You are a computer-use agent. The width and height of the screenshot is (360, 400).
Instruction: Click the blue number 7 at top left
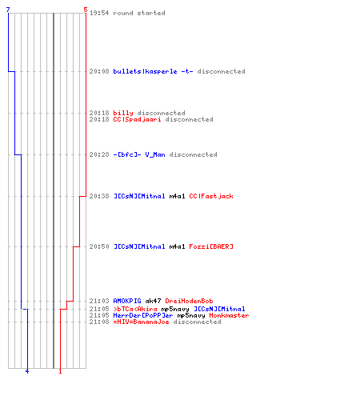click(x=8, y=10)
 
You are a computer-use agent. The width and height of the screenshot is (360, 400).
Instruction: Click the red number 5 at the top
click(x=86, y=10)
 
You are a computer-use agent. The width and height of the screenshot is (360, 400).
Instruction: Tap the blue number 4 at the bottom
click(x=27, y=371)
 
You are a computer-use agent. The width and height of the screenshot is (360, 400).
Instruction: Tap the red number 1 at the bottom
click(x=60, y=371)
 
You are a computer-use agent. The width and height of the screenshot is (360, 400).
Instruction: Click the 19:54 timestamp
click(x=99, y=13)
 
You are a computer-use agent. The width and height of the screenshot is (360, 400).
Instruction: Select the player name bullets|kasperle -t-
click(x=153, y=71)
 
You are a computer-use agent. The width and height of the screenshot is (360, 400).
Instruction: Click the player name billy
click(x=123, y=113)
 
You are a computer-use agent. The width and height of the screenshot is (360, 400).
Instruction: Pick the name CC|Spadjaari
click(x=137, y=119)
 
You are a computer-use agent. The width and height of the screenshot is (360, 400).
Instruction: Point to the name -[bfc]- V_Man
click(x=139, y=154)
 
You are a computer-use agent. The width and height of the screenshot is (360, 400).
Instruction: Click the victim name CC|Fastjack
click(x=211, y=196)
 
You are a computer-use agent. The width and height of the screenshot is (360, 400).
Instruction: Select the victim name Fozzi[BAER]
click(x=211, y=246)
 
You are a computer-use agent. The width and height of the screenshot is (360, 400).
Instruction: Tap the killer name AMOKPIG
click(x=127, y=301)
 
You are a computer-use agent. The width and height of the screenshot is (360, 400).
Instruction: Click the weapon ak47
click(x=153, y=301)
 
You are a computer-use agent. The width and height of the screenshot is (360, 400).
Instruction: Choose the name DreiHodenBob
click(x=189, y=301)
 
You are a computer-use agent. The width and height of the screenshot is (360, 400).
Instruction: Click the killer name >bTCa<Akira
click(x=135, y=309)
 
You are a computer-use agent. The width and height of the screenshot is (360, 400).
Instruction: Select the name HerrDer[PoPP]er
click(x=143, y=315)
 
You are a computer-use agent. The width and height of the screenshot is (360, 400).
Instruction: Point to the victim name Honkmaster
click(x=229, y=315)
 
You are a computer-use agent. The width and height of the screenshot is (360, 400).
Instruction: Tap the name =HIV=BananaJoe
click(x=141, y=322)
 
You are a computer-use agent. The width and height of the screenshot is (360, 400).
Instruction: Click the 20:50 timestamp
click(x=99, y=246)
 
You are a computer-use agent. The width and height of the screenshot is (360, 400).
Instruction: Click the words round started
click(x=139, y=13)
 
